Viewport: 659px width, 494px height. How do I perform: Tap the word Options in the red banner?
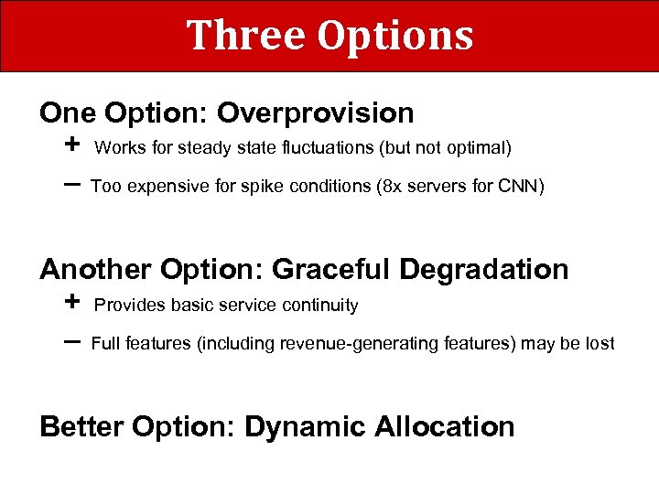pos(395,37)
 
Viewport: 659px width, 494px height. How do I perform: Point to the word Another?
pos(96,270)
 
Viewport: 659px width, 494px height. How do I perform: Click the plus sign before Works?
pos(73,145)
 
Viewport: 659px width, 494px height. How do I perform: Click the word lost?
pos(600,344)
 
